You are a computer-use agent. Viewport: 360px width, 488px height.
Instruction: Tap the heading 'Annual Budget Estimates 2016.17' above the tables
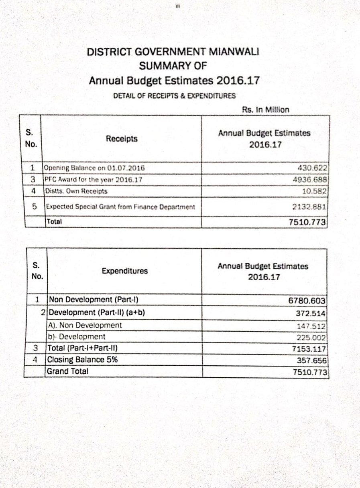(174, 81)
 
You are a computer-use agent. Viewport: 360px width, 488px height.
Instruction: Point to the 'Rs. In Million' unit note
(265, 109)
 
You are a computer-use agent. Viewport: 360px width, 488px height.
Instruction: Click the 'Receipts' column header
(122, 139)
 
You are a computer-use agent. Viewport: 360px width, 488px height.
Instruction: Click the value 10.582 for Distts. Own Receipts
(315, 191)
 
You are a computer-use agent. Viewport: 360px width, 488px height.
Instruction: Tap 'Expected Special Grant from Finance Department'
(120, 207)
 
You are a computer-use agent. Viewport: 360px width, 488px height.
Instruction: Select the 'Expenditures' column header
(124, 271)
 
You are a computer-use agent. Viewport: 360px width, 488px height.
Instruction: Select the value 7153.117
(309, 349)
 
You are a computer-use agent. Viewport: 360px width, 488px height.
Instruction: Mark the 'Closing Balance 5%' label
(82, 360)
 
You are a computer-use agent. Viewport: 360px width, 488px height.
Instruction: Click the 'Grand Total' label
(67, 371)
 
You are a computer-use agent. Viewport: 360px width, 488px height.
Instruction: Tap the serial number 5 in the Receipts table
(35, 207)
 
